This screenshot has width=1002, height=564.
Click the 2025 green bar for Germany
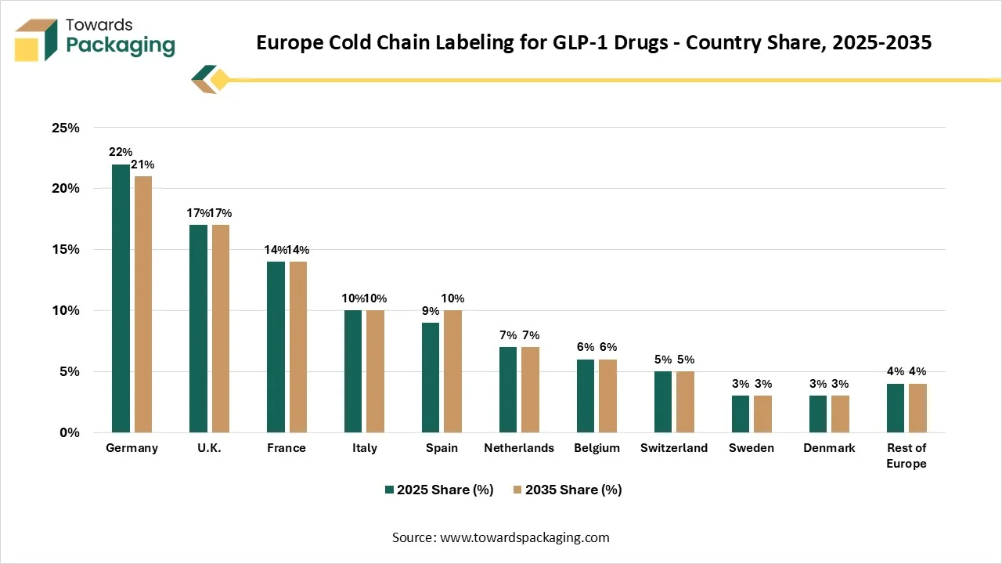pos(121,298)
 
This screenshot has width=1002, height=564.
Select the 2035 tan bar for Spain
pos(452,371)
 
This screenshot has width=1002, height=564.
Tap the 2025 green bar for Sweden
pos(741,414)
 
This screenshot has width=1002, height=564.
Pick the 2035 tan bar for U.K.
pos(221,328)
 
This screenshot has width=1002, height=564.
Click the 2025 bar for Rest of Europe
pos(896,408)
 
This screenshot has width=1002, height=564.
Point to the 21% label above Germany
pos(142,164)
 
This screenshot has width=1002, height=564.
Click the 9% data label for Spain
pos(431,311)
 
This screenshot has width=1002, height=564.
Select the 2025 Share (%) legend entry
pos(439,490)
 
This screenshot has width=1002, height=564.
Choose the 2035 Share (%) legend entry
pos(568,490)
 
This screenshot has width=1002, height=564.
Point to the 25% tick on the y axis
pos(66,128)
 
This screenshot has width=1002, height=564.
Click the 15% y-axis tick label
pos(66,249)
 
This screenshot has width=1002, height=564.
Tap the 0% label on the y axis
pos(70,432)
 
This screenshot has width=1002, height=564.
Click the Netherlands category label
pos(519,447)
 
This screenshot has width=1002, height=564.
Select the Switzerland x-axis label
pos(674,447)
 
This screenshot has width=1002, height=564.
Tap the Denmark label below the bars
pos(829,447)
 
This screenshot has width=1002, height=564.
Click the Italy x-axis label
pos(365,448)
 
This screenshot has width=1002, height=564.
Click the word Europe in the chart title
pos(290,42)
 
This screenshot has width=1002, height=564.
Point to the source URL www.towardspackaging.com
pos(524,537)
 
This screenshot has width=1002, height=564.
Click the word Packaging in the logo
pos(121,45)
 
